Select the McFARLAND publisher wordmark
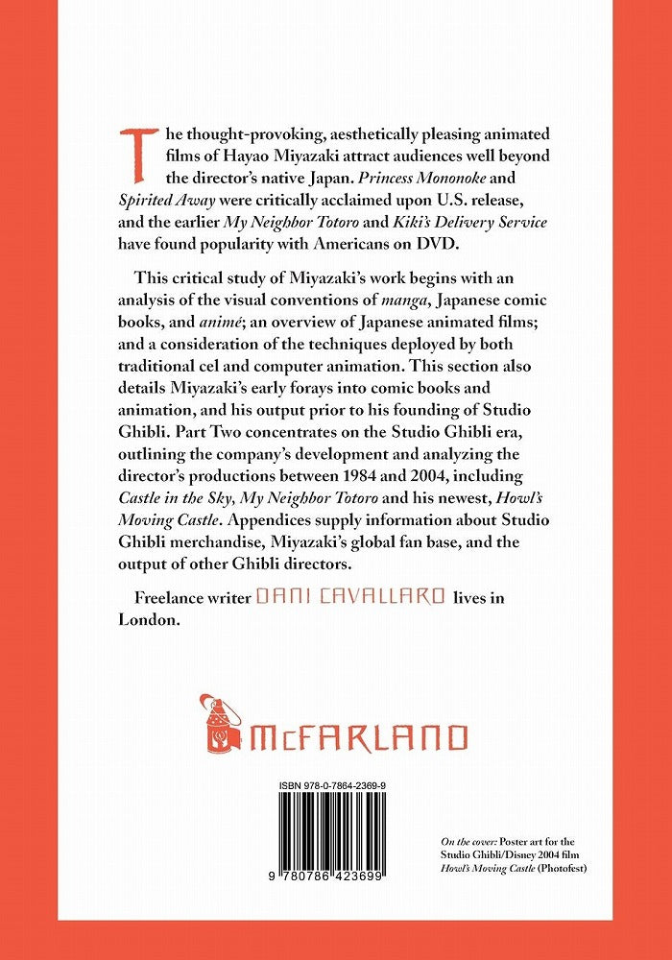coord(361,737)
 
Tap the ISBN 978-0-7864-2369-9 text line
coord(333,786)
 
